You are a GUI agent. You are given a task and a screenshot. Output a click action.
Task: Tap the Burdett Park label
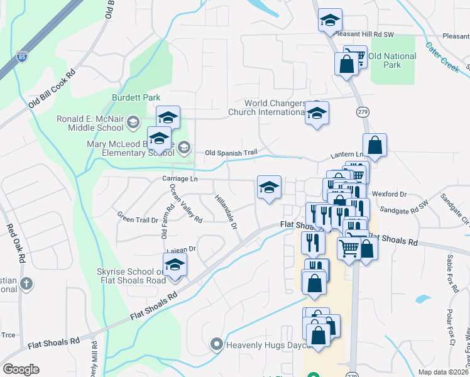(x=136, y=97)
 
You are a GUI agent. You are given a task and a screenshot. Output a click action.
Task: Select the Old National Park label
(x=392, y=60)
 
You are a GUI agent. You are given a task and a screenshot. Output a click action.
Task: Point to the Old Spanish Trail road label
(x=231, y=153)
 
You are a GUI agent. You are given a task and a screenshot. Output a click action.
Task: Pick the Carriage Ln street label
(x=180, y=179)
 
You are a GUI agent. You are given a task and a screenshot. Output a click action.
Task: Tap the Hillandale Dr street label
(x=226, y=210)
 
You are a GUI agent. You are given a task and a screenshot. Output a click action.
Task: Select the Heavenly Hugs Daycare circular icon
(x=217, y=344)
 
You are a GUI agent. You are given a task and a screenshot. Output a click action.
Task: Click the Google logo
(x=21, y=369)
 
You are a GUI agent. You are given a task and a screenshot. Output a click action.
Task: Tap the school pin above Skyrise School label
(x=175, y=265)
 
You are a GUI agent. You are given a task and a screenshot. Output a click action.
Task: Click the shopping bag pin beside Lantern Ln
(x=374, y=145)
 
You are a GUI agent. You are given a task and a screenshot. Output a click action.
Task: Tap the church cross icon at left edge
(x=26, y=283)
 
